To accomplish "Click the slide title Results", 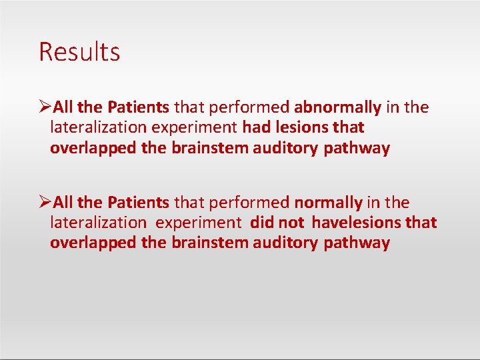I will [x=79, y=52].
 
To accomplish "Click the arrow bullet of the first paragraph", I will [x=45, y=107].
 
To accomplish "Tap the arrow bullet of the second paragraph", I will [x=45, y=203].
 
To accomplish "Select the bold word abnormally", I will [x=337, y=107].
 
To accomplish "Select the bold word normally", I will [x=328, y=203].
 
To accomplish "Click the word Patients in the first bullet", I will [x=139, y=107].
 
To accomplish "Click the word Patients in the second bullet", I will [x=139, y=203].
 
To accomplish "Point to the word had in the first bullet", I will [x=256, y=127].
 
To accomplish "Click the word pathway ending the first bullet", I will [x=357, y=148].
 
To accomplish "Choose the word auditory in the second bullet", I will [x=286, y=243].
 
